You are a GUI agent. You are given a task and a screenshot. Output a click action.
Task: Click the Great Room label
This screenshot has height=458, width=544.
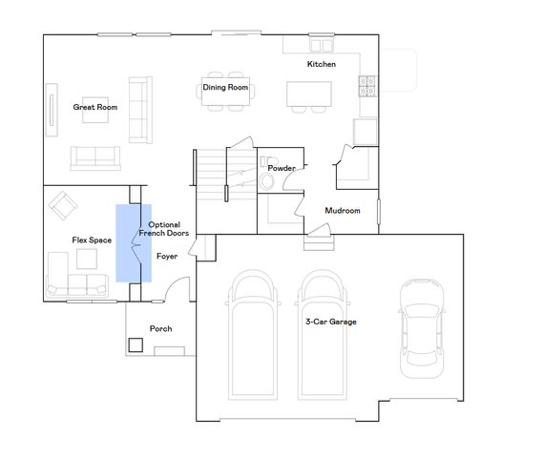(94, 107)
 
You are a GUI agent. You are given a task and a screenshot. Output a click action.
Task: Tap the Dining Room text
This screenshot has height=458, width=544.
(225, 88)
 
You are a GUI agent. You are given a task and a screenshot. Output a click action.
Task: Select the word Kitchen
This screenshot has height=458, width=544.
(321, 64)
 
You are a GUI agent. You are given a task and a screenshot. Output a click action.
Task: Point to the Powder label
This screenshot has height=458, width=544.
(281, 168)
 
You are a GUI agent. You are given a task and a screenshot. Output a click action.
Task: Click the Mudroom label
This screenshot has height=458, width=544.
(342, 210)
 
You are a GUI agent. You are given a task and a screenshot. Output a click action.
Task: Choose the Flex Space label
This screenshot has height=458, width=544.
(92, 239)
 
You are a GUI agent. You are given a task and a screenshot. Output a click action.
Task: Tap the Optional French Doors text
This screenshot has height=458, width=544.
(164, 229)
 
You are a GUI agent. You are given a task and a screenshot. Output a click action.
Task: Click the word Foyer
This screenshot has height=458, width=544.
(167, 256)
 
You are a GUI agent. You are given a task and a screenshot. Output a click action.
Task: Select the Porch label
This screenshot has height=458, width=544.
(160, 329)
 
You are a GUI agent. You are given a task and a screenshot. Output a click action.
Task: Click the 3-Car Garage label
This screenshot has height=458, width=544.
(330, 323)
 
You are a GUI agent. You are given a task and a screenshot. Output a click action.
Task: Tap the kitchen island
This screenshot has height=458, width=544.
(309, 93)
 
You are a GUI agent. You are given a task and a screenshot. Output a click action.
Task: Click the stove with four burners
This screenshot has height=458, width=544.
(366, 88)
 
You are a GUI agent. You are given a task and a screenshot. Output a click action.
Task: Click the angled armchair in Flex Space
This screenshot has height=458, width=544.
(65, 204)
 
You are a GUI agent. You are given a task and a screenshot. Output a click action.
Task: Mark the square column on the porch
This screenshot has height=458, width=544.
(136, 343)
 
